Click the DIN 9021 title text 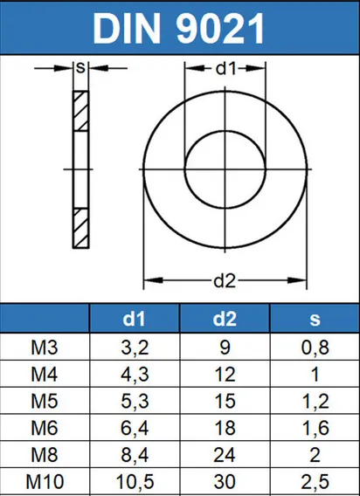pyautogui.click(x=178, y=28)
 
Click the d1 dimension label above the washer pyautogui.click(x=227, y=68)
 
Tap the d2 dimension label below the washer pyautogui.click(x=227, y=280)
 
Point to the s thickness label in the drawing pyautogui.click(x=80, y=68)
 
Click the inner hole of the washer pyautogui.click(x=227, y=166)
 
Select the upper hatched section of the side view pyautogui.click(x=80, y=111)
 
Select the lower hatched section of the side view pyautogui.click(x=80, y=226)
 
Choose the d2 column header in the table pyautogui.click(x=225, y=320)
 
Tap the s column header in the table pyautogui.click(x=315, y=320)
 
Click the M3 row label pyautogui.click(x=45, y=350)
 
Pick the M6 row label pyautogui.click(x=45, y=429)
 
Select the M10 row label pyautogui.click(x=45, y=481)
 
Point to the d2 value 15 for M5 pyautogui.click(x=225, y=403)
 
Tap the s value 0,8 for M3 pyautogui.click(x=315, y=350)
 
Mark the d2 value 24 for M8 pyautogui.click(x=225, y=455)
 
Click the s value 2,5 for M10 pyautogui.click(x=315, y=481)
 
